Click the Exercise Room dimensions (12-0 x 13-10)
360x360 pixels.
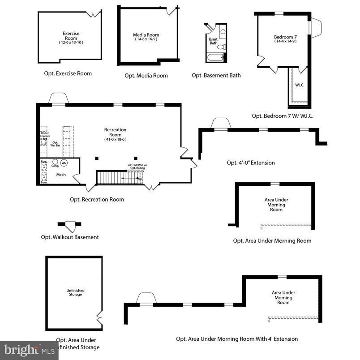click(71, 43)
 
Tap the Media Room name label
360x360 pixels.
click(146, 35)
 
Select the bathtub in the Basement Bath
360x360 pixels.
click(215, 58)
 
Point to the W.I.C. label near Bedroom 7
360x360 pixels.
click(300, 85)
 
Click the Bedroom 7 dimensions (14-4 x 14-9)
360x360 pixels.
click(285, 42)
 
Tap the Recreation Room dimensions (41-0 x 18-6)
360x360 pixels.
click(115, 140)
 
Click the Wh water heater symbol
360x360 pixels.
click(64, 163)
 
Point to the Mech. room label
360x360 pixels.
click(61, 175)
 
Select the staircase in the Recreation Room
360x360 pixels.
click(112, 177)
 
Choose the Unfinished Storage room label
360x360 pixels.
click(75, 292)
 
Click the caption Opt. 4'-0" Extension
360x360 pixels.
click(251, 163)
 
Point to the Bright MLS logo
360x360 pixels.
click(29, 351)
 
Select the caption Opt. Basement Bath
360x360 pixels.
click(216, 75)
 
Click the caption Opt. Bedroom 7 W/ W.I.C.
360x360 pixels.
click(283, 116)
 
